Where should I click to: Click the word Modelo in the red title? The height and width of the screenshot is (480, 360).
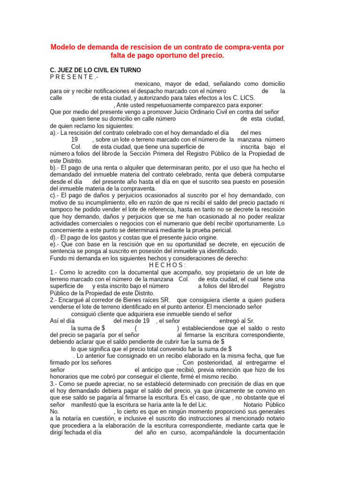pos(63,47)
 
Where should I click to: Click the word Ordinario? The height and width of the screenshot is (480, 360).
pos(181,112)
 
